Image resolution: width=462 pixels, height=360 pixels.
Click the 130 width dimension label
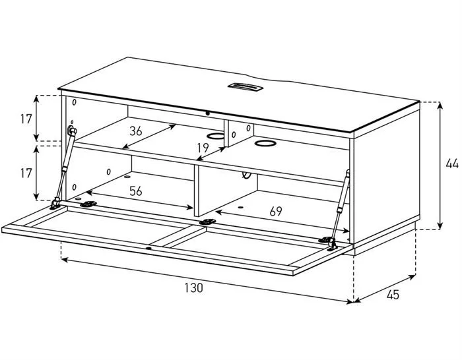[194, 287]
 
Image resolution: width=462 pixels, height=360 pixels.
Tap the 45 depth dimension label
[393, 294]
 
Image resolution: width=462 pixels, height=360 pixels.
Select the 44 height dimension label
[452, 164]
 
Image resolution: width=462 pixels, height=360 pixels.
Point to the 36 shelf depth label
[136, 131]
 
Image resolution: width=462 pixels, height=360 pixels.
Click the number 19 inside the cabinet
[203, 148]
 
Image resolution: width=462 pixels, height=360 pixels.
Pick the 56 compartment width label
[136, 191]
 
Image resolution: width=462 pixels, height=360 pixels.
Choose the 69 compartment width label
[276, 211]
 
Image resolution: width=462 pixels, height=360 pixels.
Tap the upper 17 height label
[26, 119]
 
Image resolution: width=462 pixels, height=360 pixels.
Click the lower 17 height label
[26, 173]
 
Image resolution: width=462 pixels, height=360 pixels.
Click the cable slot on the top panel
[244, 86]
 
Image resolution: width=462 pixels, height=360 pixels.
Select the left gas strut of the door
[63, 166]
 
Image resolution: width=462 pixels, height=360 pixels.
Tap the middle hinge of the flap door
[207, 222]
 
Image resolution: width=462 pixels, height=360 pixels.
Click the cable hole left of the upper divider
[215, 136]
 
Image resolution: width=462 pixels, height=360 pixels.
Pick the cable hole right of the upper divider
[265, 143]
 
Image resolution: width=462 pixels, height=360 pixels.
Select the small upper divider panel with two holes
[239, 133]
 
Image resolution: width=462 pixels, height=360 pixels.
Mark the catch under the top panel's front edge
[208, 113]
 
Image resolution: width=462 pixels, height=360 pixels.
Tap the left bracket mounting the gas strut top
[72, 130]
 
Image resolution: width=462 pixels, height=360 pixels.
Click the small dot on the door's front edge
[148, 249]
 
